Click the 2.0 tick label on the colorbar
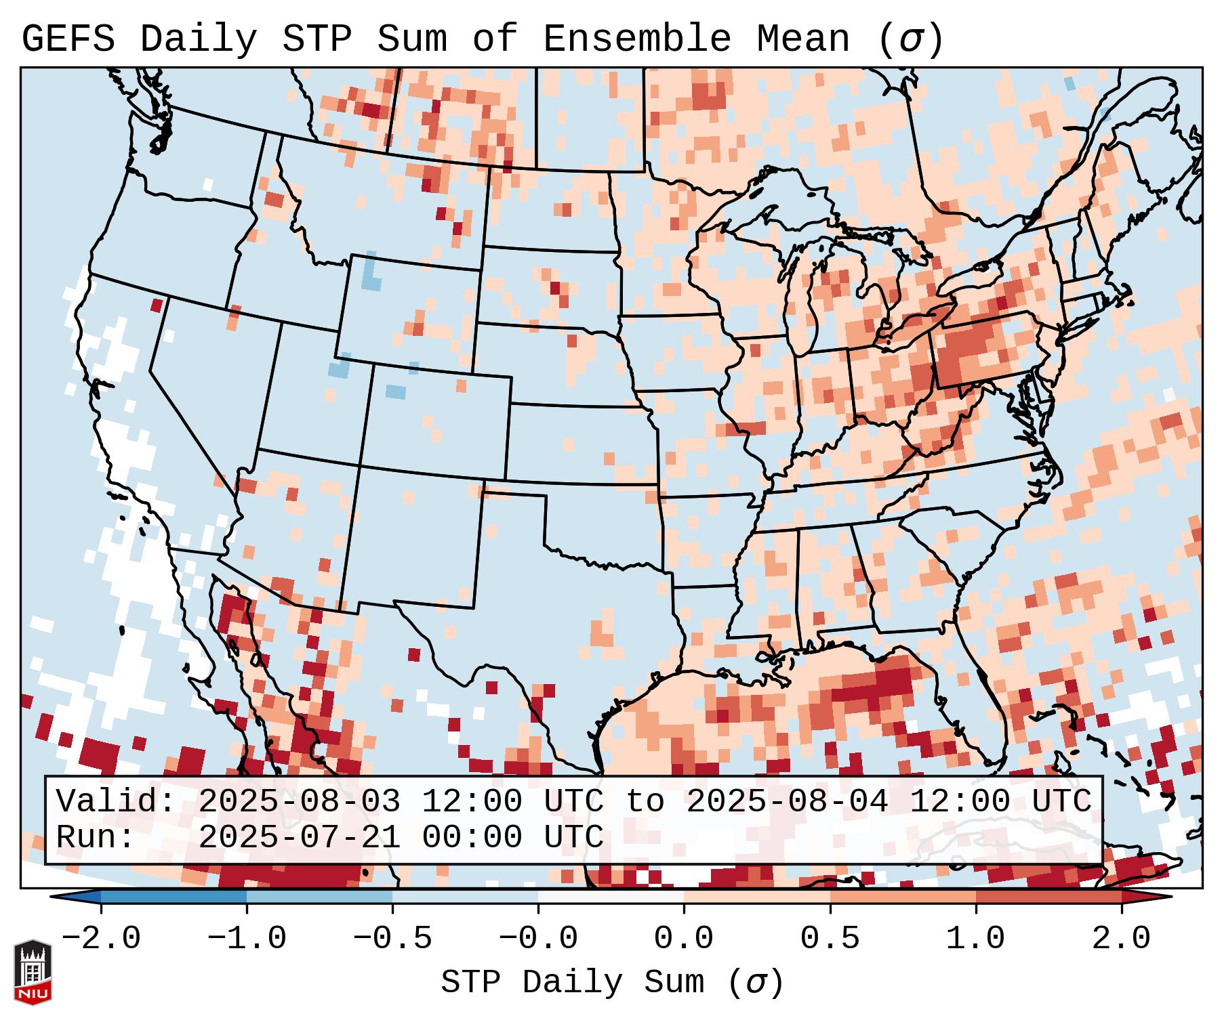(x=1121, y=939)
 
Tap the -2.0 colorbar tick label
(x=101, y=939)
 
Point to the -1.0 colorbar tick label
(x=247, y=939)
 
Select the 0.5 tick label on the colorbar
(x=830, y=939)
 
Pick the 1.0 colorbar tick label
(x=975, y=939)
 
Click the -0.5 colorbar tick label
(x=392, y=939)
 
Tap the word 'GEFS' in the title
(x=68, y=39)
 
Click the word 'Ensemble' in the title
(x=637, y=39)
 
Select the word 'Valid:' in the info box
(x=116, y=801)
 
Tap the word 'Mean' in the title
(x=803, y=39)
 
